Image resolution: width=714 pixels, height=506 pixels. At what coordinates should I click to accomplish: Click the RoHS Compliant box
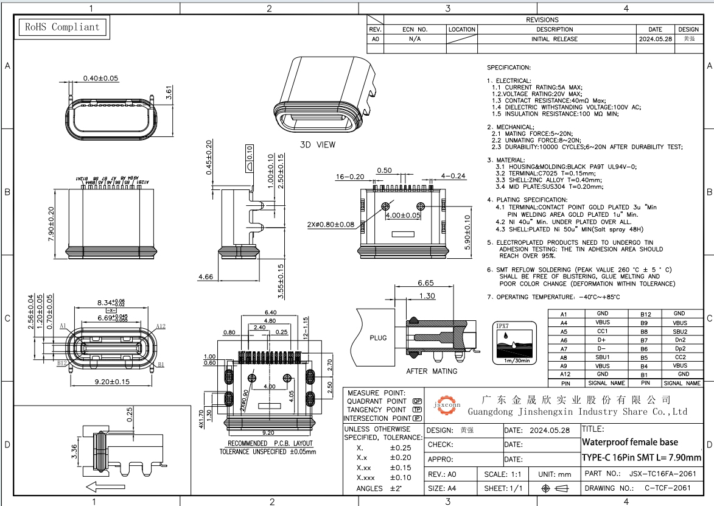(x=61, y=27)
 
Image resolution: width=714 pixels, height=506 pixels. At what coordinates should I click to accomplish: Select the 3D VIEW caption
(x=317, y=145)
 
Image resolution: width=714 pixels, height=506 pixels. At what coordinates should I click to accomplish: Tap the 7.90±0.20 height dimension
(x=51, y=223)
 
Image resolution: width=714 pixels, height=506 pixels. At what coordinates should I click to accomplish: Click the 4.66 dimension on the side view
(x=205, y=277)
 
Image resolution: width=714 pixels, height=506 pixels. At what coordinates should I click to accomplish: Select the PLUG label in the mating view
(x=378, y=337)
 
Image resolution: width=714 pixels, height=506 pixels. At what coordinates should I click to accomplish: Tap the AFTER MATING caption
(x=431, y=371)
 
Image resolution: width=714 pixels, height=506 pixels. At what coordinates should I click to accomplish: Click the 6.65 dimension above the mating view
(x=425, y=283)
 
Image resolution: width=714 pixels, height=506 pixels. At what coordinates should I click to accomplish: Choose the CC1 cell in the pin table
(x=602, y=331)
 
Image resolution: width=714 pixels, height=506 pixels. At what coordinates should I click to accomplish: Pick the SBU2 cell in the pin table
(x=679, y=331)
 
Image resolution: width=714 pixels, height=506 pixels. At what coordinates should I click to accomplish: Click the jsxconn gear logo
(x=447, y=404)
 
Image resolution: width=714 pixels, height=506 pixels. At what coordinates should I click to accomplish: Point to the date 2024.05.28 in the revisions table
(x=655, y=38)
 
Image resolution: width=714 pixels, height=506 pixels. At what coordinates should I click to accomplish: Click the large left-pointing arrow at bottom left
(x=102, y=486)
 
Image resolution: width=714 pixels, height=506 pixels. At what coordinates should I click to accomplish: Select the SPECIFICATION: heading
(x=508, y=68)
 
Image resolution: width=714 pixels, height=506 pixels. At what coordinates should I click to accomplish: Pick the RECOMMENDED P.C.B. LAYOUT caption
(x=270, y=443)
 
